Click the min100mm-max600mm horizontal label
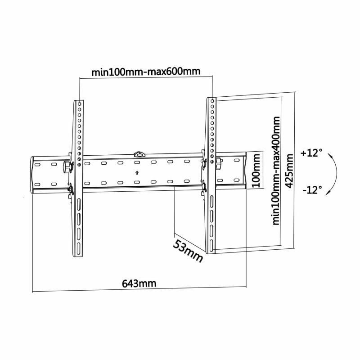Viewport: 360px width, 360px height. [146, 72]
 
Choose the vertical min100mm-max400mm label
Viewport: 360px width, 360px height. [276, 171]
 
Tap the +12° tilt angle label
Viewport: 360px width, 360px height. [312, 153]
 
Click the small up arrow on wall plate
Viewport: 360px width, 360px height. [137, 172]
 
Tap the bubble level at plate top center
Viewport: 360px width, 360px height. [139, 154]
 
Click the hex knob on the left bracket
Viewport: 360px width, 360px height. [68, 166]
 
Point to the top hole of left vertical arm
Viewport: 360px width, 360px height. [80, 103]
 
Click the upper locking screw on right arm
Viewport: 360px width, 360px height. [204, 162]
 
